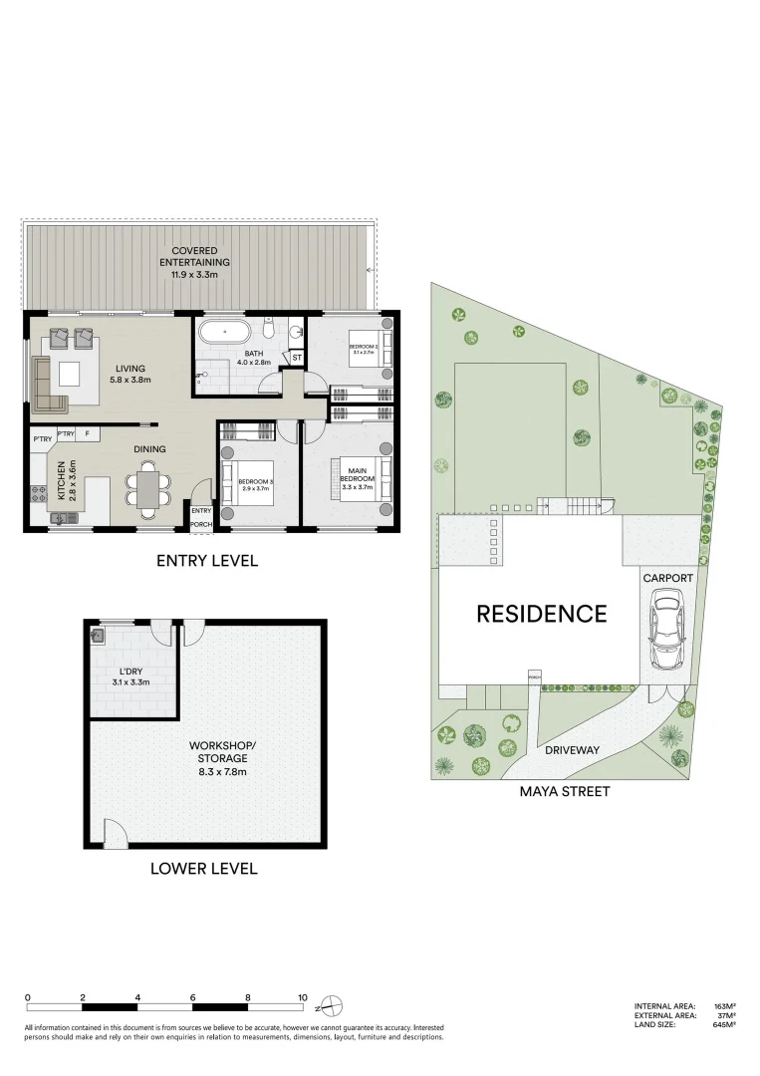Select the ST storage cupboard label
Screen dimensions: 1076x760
click(296, 357)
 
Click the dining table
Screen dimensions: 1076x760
click(147, 489)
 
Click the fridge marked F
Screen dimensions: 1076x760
click(88, 434)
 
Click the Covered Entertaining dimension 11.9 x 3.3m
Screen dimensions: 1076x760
click(195, 274)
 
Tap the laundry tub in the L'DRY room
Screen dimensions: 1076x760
click(99, 634)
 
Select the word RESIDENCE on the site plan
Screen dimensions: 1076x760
click(541, 614)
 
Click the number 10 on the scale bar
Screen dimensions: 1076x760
click(302, 997)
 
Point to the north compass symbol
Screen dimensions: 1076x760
click(335, 1004)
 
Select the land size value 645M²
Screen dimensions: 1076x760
click(723, 1025)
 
